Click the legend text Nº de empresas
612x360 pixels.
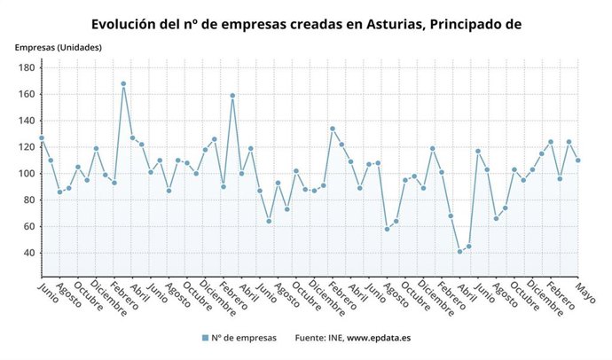(x=244, y=338)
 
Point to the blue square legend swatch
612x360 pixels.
(x=204, y=338)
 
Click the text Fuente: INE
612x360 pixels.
(x=317, y=338)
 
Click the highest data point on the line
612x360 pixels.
(x=123, y=83)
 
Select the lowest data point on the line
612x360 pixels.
(x=460, y=252)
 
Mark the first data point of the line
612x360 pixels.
(x=41, y=138)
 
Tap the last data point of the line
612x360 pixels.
(x=578, y=160)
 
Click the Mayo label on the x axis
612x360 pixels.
(x=585, y=293)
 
